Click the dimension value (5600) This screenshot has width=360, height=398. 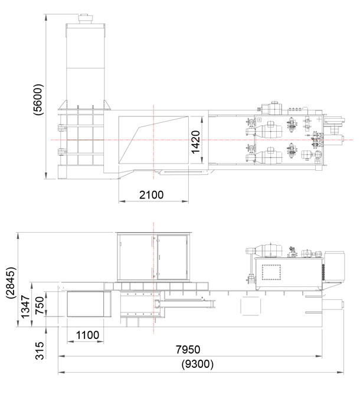(x=38, y=99)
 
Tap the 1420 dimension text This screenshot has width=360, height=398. (x=195, y=142)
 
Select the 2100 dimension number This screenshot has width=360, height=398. (x=152, y=195)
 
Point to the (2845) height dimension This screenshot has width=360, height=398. (x=12, y=282)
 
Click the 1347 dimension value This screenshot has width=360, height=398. (x=25, y=306)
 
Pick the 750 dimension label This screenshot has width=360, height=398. (x=40, y=306)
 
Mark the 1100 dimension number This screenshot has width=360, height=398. (x=87, y=335)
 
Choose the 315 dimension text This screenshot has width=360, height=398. (x=40, y=351)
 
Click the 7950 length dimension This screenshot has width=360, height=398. (x=188, y=350)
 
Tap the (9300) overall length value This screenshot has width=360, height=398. (x=197, y=364)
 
